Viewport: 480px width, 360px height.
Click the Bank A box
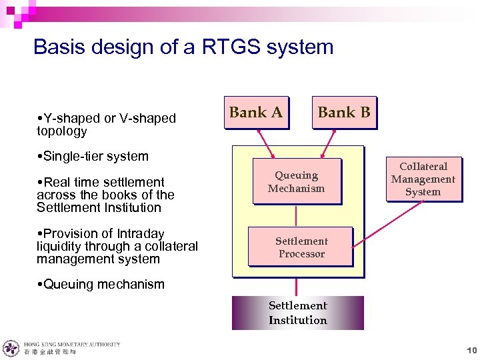pyautogui.click(x=256, y=112)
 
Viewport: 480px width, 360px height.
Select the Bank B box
pyautogui.click(x=344, y=112)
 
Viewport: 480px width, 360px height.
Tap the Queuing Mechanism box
pyautogui.click(x=296, y=181)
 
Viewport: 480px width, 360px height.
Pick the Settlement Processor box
pyautogui.click(x=301, y=247)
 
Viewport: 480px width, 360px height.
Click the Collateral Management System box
pyautogui.click(x=423, y=179)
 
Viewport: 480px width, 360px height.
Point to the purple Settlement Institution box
pyautogui.click(x=297, y=313)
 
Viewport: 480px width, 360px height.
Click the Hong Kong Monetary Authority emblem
pyautogui.click(x=11, y=348)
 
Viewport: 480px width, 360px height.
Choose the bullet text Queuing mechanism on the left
pyautogui.click(x=103, y=284)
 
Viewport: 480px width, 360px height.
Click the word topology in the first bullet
pyautogui.click(x=62, y=131)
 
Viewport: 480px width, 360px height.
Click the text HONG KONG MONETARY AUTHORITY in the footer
pyautogui.click(x=72, y=344)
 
